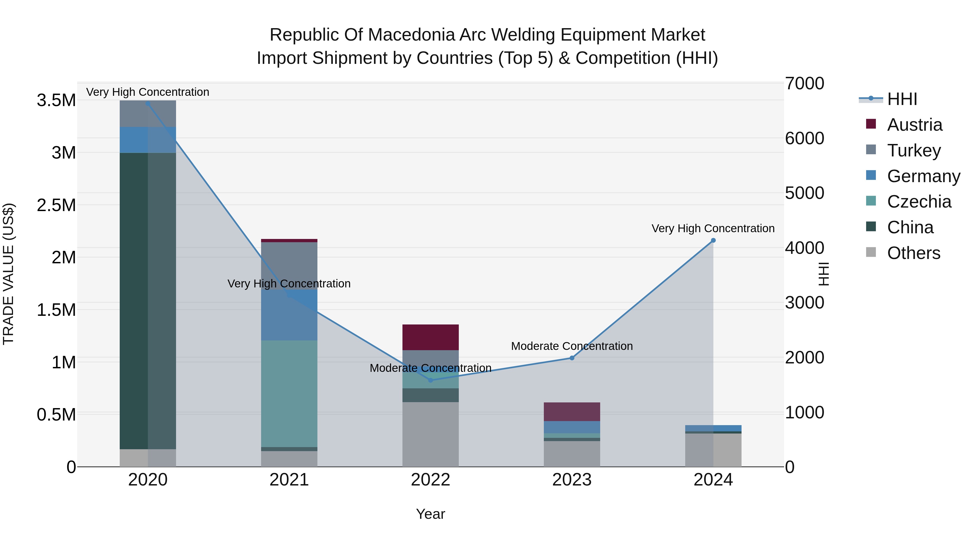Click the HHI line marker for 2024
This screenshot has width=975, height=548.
pyautogui.click(x=713, y=240)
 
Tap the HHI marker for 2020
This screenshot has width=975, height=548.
pyautogui.click(x=148, y=104)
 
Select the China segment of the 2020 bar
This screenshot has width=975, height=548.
pyautogui.click(x=148, y=301)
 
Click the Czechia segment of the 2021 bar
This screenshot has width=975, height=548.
pyautogui.click(x=289, y=393)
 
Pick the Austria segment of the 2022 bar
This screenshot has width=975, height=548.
pyautogui.click(x=430, y=337)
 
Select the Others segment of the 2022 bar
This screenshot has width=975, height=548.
pyautogui.click(x=430, y=434)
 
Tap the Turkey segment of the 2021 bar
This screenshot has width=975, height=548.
pyautogui.click(x=289, y=265)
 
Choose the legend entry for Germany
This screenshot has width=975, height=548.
pyautogui.click(x=923, y=176)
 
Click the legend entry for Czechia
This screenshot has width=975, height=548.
pyautogui.click(x=919, y=202)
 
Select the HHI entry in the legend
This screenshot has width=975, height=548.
pyautogui.click(x=902, y=99)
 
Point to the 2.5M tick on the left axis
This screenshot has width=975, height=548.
pyautogui.click(x=56, y=205)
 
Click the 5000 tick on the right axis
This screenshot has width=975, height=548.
pyautogui.click(x=804, y=193)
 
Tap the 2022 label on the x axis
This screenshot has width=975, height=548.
pyautogui.click(x=430, y=480)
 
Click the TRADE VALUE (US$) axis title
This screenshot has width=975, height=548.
pyautogui.click(x=8, y=274)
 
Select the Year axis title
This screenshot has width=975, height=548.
pyautogui.click(x=430, y=514)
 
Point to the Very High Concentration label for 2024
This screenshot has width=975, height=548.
pyautogui.click(x=713, y=228)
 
